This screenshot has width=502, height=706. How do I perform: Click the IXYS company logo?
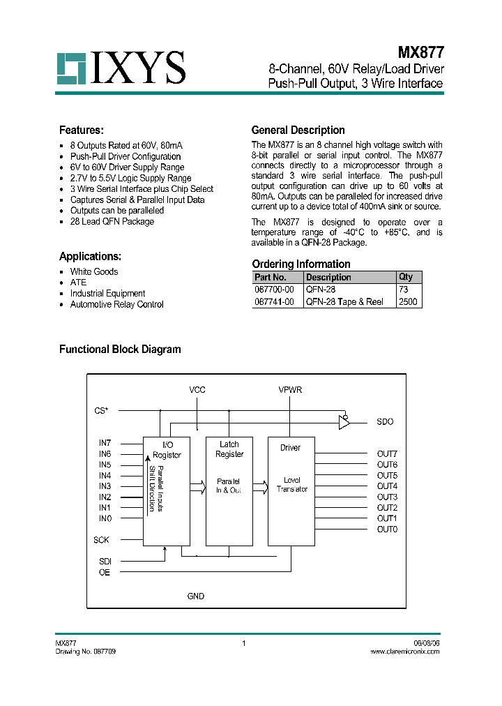(121, 68)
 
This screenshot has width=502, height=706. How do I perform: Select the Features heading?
(82, 130)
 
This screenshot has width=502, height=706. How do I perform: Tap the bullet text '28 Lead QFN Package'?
(112, 222)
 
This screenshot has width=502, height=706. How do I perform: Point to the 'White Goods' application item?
(94, 272)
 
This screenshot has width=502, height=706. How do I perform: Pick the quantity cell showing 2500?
(408, 302)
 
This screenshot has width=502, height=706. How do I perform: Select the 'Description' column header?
(328, 278)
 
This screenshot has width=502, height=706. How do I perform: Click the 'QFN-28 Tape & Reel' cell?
(344, 302)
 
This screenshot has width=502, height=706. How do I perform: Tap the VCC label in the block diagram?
(197, 390)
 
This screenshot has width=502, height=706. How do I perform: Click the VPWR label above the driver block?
(290, 390)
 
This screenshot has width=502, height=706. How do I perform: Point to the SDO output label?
(385, 422)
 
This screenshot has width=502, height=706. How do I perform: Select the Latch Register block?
(229, 490)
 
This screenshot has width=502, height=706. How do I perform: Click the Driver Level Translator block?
(291, 490)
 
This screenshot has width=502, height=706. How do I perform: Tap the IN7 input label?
(105, 443)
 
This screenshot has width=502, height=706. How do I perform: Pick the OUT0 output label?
(387, 529)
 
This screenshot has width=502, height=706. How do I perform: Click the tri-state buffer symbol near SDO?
(344, 421)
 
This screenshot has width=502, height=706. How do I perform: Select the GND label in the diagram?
(196, 596)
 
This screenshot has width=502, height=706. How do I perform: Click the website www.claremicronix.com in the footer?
(404, 651)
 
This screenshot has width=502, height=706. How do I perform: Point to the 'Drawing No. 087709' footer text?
(86, 651)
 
